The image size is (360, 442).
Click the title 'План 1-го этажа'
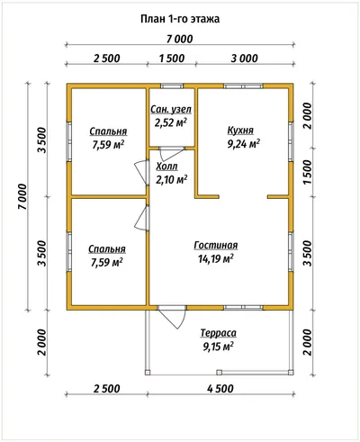point(180,19)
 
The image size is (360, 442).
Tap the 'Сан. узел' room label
point(171,110)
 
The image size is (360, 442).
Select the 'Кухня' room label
point(240,131)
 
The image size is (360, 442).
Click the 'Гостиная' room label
point(216,245)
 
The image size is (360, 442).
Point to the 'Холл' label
point(167,167)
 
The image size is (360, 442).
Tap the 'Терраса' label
point(219,333)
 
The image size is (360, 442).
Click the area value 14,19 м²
point(216,258)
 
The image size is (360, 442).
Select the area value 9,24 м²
point(243,144)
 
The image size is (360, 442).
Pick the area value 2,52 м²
point(171,122)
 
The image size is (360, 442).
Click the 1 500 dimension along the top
point(172,59)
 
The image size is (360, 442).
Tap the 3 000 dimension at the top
point(245,59)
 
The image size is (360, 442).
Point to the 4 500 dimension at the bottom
point(220,389)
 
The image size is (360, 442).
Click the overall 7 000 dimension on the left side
point(22,196)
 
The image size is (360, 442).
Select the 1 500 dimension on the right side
point(308,172)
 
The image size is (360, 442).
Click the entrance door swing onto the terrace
point(171,318)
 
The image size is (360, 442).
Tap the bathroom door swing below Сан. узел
point(172,154)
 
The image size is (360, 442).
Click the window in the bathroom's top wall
point(172,86)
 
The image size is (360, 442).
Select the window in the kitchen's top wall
point(243,86)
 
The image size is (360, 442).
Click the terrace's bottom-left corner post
point(147,373)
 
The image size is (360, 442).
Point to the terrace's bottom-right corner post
point(291,373)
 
